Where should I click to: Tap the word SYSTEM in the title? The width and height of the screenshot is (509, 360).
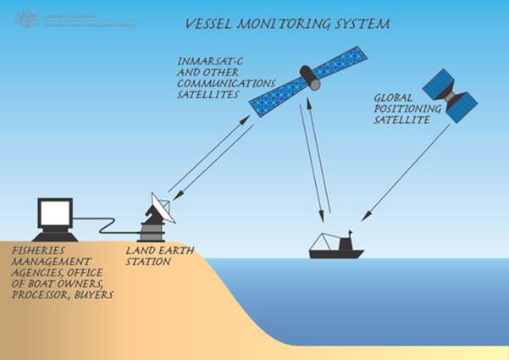coord(362,25)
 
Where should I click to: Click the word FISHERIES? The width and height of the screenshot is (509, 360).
coord(39,253)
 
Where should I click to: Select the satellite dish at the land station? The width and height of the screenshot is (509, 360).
coord(160,206)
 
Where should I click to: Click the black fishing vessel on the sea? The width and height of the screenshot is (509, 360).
coord(335,248)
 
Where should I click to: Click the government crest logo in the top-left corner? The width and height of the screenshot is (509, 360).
coord(28,14)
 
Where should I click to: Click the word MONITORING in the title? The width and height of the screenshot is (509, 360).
coord(288,25)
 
